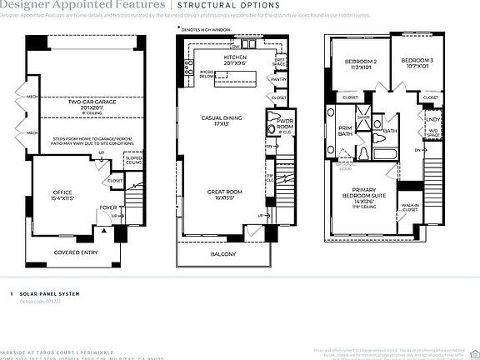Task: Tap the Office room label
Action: [62, 193]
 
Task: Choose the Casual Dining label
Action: [225, 118]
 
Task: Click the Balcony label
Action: [222, 254]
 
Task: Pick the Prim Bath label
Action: [346, 132]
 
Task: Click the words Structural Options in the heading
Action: [226, 6]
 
